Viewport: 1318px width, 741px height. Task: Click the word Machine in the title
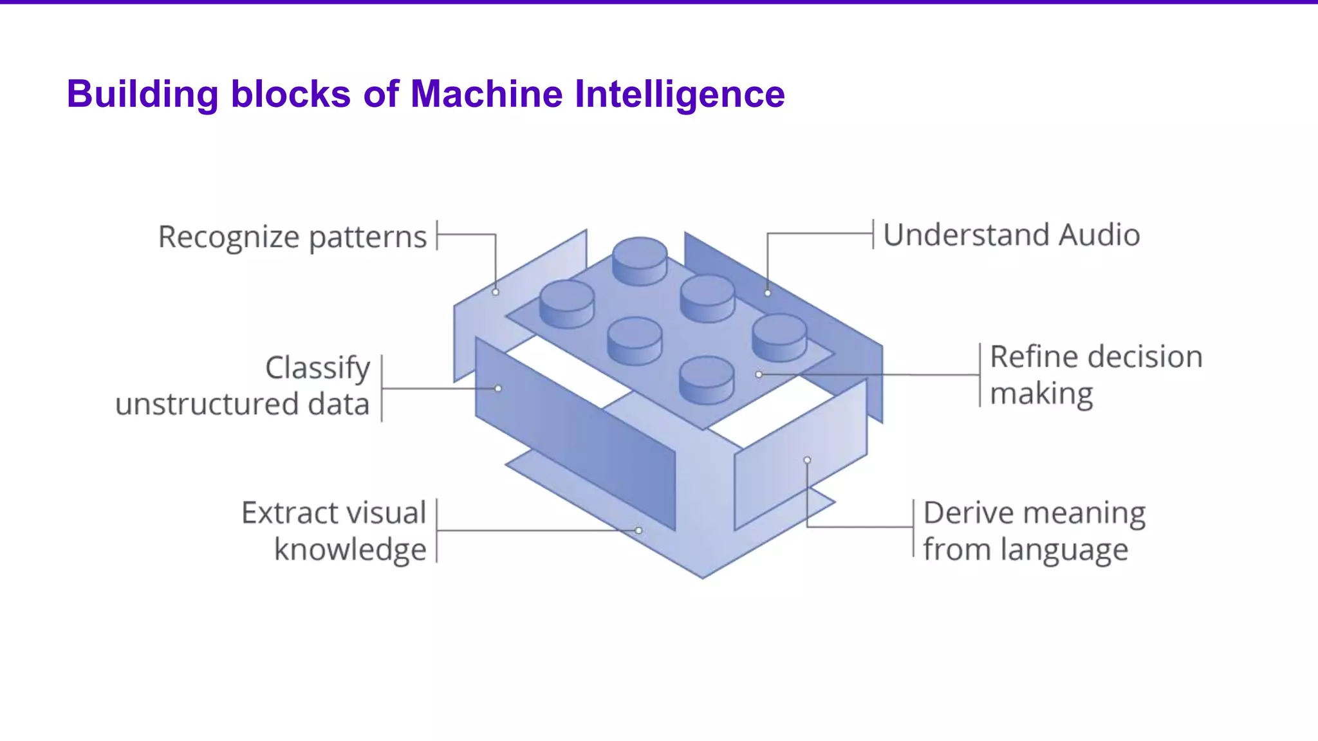487,94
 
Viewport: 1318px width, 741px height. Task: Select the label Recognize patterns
292,237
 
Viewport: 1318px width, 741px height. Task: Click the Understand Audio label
1011,235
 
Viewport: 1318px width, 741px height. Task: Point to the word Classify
317,368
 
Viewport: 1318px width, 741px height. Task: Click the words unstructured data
243,405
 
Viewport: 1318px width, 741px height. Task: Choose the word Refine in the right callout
1023,356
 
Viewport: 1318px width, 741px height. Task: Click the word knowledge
350,549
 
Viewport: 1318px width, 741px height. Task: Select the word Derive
968,513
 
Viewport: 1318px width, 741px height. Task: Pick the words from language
1025,549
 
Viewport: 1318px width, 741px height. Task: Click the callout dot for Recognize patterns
496,292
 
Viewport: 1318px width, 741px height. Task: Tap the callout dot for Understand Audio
768,293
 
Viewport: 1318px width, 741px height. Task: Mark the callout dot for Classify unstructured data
498,389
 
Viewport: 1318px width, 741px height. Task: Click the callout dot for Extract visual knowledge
638,531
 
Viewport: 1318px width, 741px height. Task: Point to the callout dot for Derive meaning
807,460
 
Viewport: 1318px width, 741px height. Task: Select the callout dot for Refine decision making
759,374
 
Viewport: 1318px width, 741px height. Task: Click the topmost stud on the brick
640,257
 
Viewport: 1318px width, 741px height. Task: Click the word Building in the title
143,94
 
